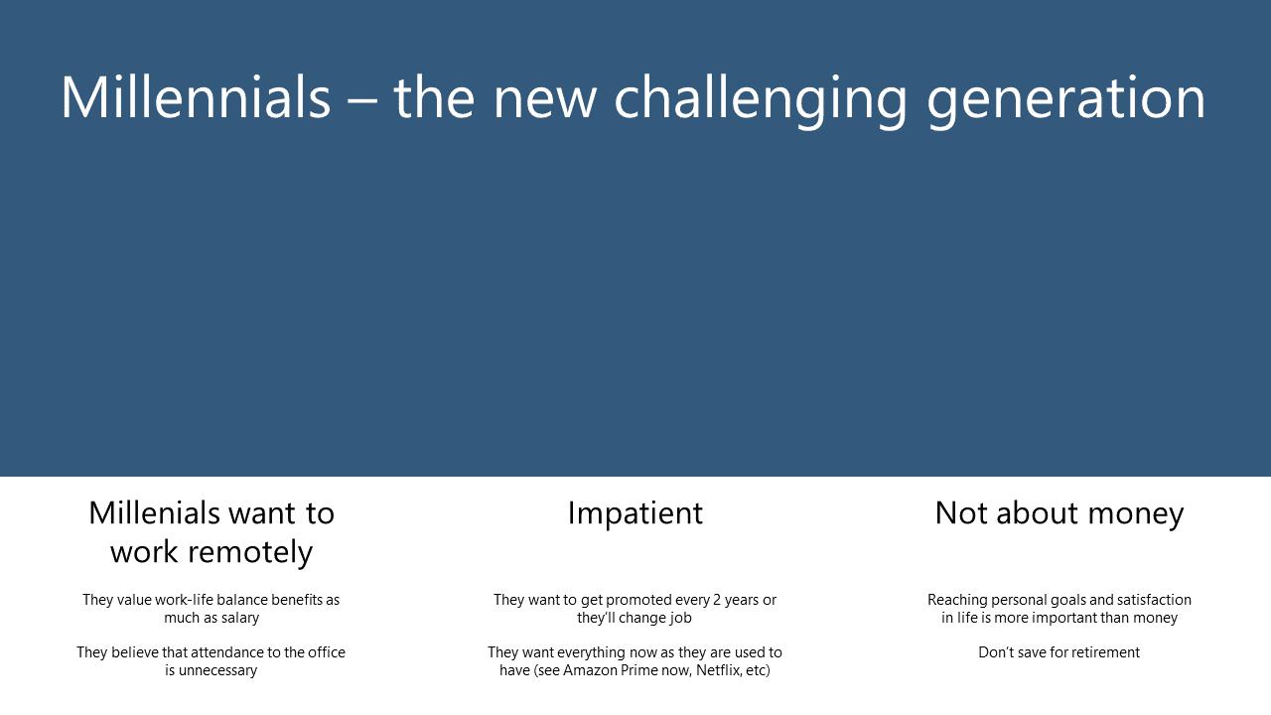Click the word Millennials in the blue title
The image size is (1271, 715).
196,97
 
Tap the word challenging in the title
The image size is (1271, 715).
761,102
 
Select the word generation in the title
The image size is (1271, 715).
1066,102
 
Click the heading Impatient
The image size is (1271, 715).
635,513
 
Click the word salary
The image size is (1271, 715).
240,618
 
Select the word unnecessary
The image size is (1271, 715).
217,670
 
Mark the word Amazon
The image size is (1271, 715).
590,670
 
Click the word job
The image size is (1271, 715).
681,618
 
